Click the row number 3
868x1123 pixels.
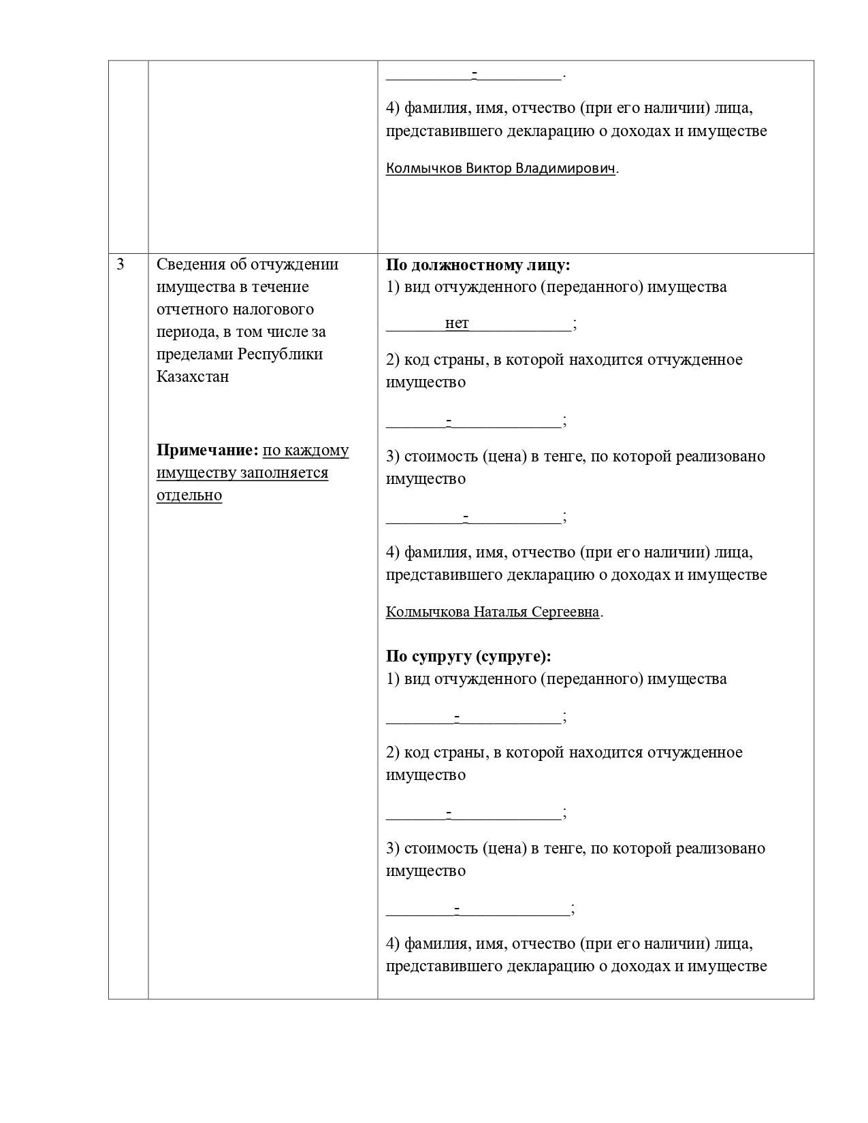click(120, 265)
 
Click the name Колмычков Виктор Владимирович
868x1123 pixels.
click(500, 168)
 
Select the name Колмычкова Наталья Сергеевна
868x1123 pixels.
click(492, 612)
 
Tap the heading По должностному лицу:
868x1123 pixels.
click(478, 265)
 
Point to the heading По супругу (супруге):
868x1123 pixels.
click(468, 656)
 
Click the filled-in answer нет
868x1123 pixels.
click(457, 323)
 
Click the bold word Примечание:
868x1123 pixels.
click(207, 451)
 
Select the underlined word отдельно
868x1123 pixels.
click(189, 495)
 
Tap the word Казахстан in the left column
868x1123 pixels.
click(193, 376)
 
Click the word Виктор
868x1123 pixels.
click(488, 168)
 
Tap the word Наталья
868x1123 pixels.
click(500, 612)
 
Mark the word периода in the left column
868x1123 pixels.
click(183, 331)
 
